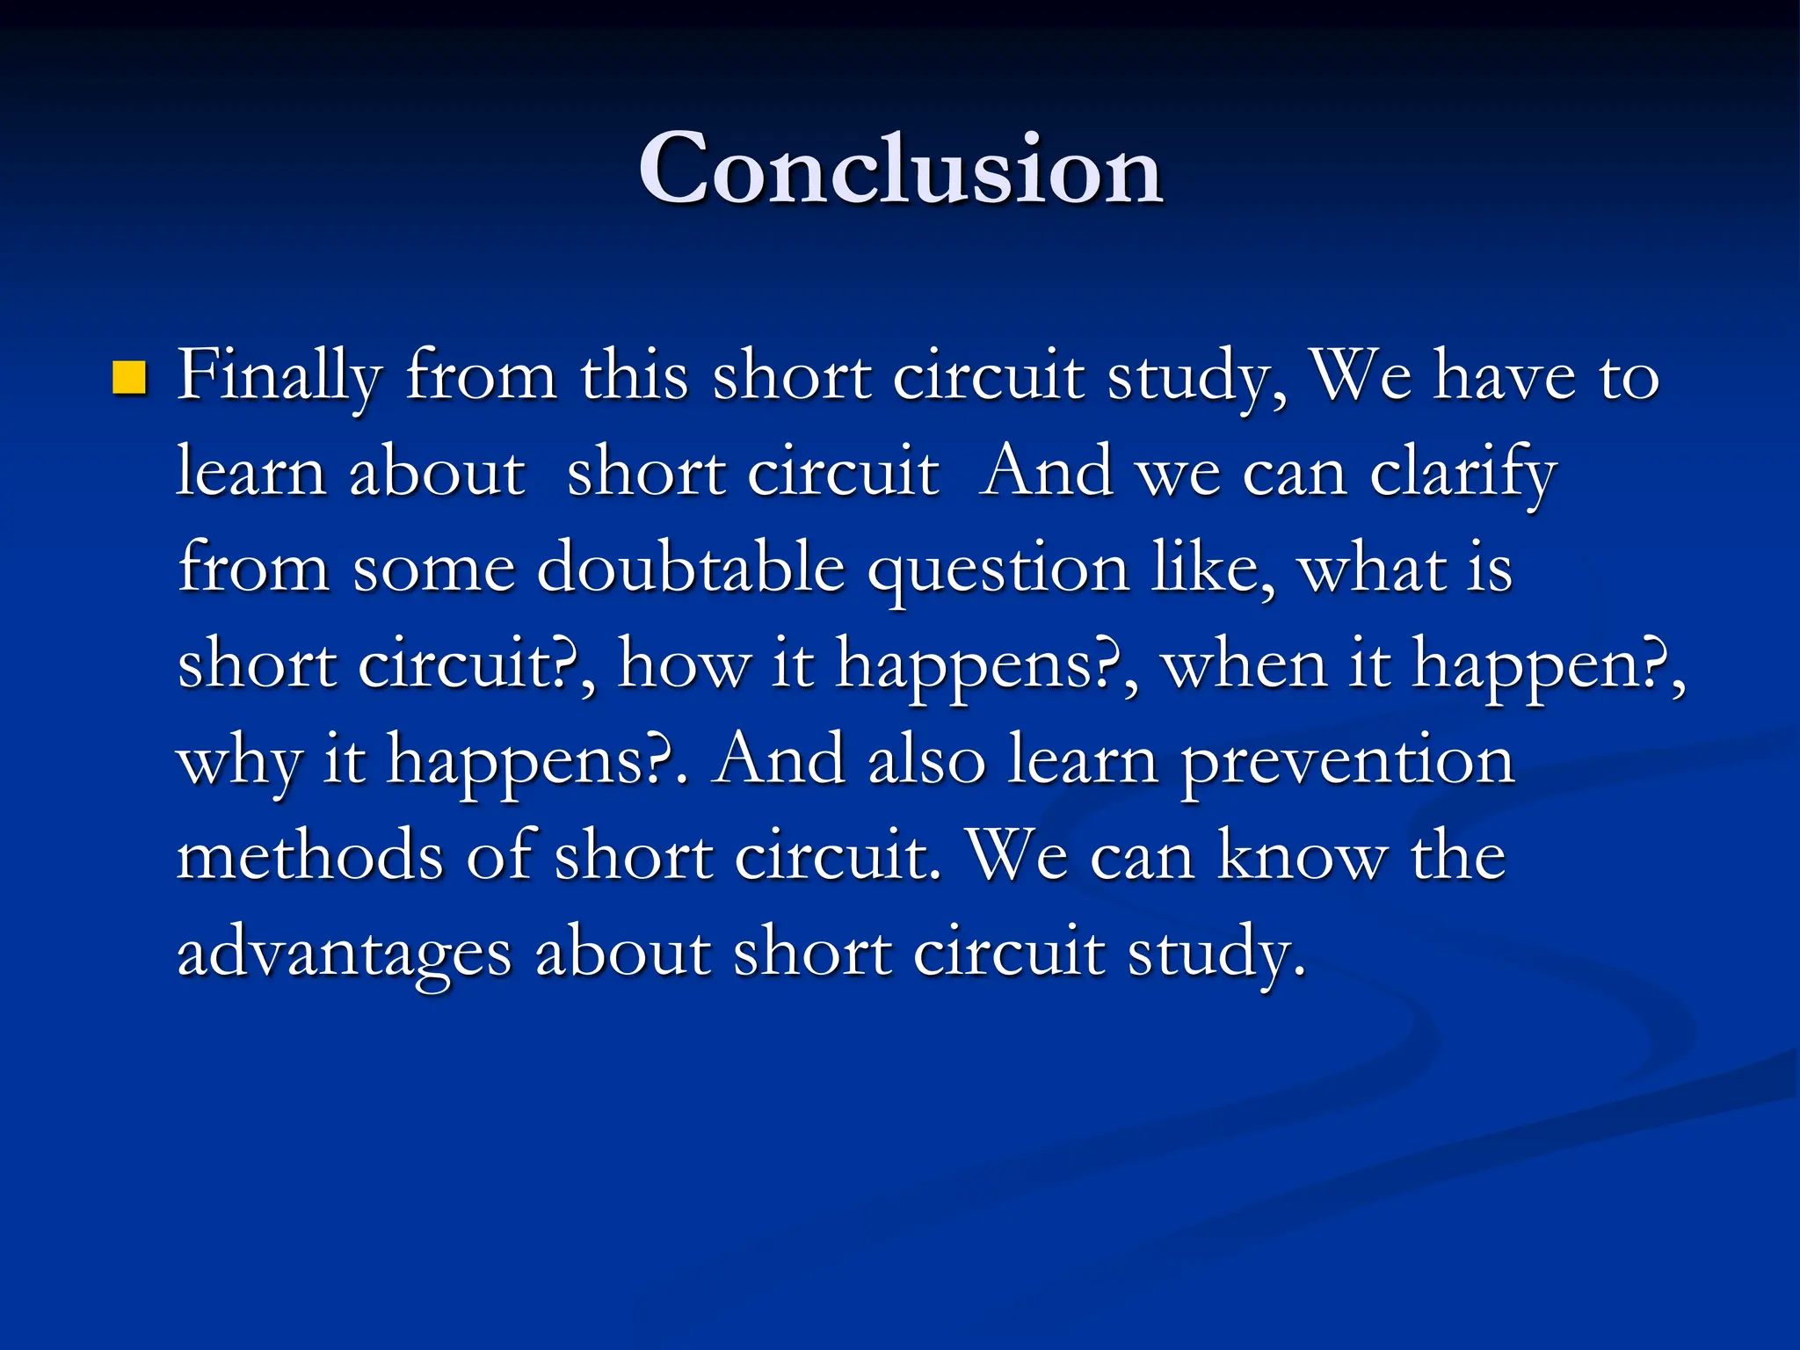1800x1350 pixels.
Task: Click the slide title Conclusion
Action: (x=901, y=169)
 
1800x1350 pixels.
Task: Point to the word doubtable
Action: (x=691, y=570)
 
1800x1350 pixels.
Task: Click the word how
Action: (x=684, y=664)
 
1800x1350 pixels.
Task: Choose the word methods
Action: (x=310, y=856)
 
